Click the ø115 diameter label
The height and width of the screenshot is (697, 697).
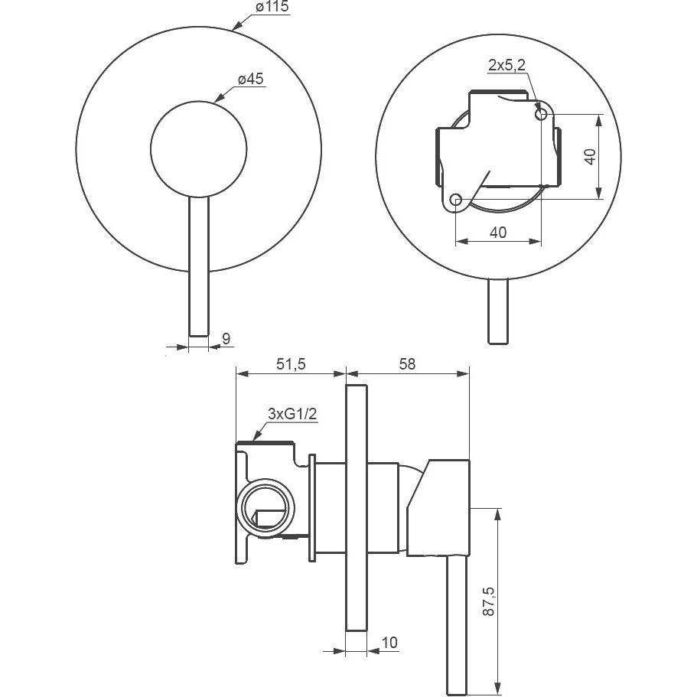pos(272,7)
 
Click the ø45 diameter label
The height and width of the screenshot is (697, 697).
pos(251,79)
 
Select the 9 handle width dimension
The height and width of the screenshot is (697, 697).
pos(226,339)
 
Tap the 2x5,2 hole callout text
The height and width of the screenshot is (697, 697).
pos(506,65)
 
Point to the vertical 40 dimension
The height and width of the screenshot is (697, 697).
pos(591,157)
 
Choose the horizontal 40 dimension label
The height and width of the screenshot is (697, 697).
pos(498,232)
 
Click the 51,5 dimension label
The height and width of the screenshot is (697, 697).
pos(292,364)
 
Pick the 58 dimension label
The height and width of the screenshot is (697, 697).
pos(407,364)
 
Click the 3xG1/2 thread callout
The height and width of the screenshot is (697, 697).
pos(292,414)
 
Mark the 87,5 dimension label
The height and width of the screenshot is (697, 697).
pos(488,601)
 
